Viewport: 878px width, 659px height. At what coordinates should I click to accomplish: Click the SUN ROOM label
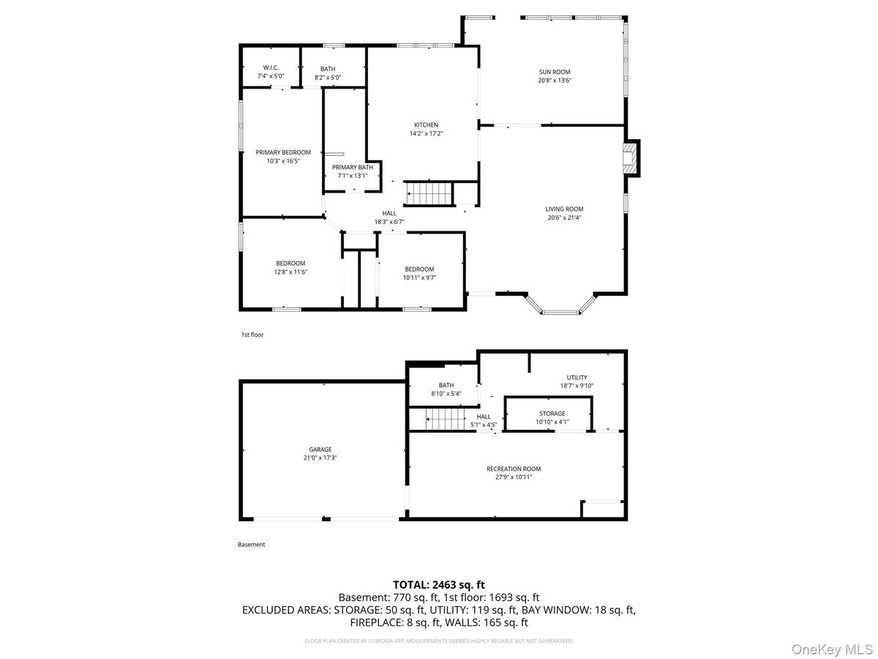[555, 72]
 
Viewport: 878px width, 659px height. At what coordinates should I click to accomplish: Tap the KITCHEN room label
[425, 125]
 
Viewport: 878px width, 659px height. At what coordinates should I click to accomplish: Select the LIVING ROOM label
[564, 209]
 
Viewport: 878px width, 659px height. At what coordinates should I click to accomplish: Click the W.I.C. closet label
[271, 68]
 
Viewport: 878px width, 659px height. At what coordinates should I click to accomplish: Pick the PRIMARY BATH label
[355, 167]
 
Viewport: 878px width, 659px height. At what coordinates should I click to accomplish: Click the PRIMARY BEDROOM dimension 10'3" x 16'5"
[282, 161]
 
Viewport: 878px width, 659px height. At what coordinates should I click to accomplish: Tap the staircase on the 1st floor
[429, 195]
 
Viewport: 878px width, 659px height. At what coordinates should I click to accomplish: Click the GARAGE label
[320, 449]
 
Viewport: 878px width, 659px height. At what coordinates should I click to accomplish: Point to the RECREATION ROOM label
[514, 469]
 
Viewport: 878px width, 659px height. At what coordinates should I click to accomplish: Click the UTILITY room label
[577, 378]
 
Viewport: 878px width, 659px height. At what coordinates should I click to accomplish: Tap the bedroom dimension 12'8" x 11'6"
[290, 272]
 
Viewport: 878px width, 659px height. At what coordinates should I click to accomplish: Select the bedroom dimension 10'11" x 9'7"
[419, 278]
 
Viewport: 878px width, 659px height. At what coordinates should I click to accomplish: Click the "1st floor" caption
[252, 335]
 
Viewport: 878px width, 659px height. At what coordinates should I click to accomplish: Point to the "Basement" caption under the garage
[251, 545]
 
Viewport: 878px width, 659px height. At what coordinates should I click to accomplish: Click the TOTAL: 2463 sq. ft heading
[439, 584]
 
